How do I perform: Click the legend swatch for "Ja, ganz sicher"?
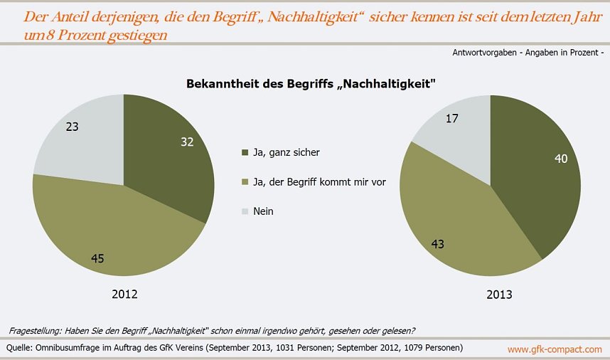(x=246, y=152)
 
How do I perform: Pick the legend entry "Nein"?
(x=263, y=211)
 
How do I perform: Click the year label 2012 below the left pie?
(x=124, y=294)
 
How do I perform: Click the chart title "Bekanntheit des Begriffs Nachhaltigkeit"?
(x=310, y=84)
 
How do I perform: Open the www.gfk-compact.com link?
(x=555, y=349)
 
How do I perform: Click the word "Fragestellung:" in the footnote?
(x=36, y=330)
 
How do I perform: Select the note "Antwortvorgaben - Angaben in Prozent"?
(x=527, y=53)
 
